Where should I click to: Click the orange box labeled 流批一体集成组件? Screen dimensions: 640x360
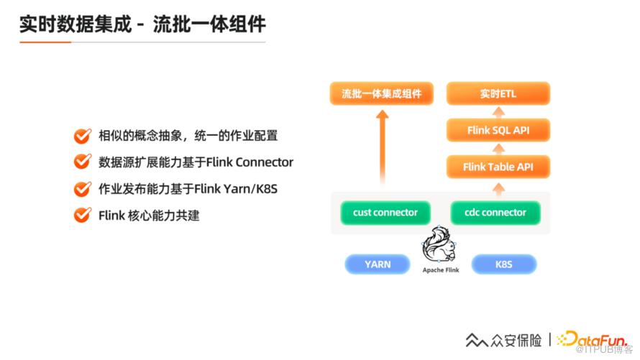(x=382, y=93)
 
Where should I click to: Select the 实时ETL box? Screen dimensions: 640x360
(x=498, y=93)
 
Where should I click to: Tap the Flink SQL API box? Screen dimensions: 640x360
(x=498, y=130)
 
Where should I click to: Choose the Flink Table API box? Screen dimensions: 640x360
(x=498, y=167)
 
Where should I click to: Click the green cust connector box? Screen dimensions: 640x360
(x=385, y=213)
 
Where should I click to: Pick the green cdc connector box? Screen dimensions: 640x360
(x=495, y=213)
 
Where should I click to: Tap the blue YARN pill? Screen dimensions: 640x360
(x=378, y=264)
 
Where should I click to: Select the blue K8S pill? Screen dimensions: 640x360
(x=503, y=264)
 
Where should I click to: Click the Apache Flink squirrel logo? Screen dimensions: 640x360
(x=439, y=244)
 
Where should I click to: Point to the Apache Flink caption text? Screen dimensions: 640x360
(x=441, y=270)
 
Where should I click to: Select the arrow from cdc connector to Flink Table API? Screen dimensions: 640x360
(x=498, y=190)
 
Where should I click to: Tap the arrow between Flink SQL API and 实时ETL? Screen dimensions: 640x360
(x=498, y=112)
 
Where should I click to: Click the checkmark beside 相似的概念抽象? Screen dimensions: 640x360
(x=83, y=136)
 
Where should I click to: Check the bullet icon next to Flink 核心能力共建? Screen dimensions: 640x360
(x=83, y=215)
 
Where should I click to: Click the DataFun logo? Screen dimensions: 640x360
(x=593, y=339)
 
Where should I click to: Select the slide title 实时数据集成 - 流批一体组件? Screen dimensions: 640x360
(x=143, y=24)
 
